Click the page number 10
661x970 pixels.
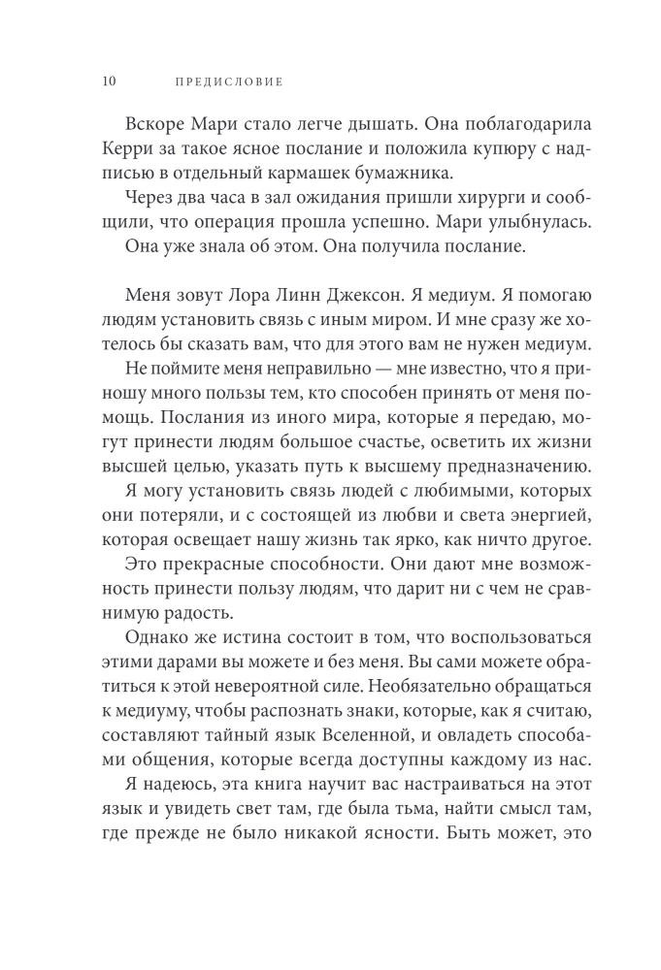tap(108, 81)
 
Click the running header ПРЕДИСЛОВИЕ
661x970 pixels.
tap(228, 81)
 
